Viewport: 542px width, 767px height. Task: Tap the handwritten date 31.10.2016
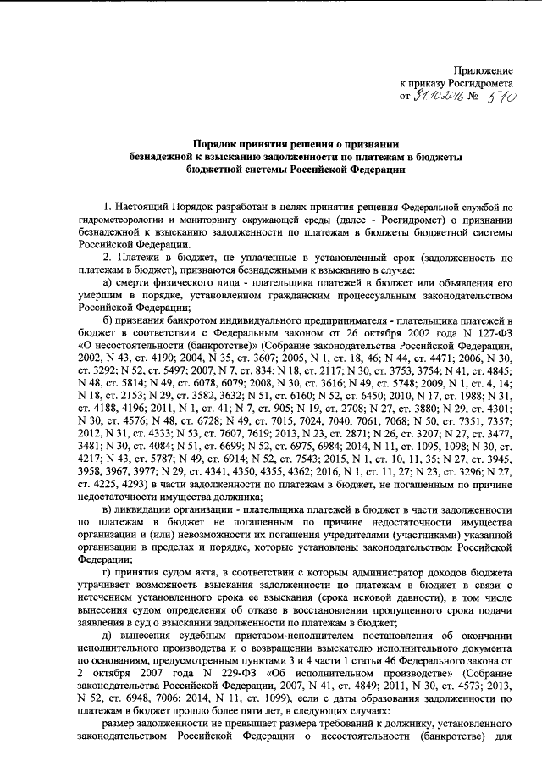pyautogui.click(x=435, y=100)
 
